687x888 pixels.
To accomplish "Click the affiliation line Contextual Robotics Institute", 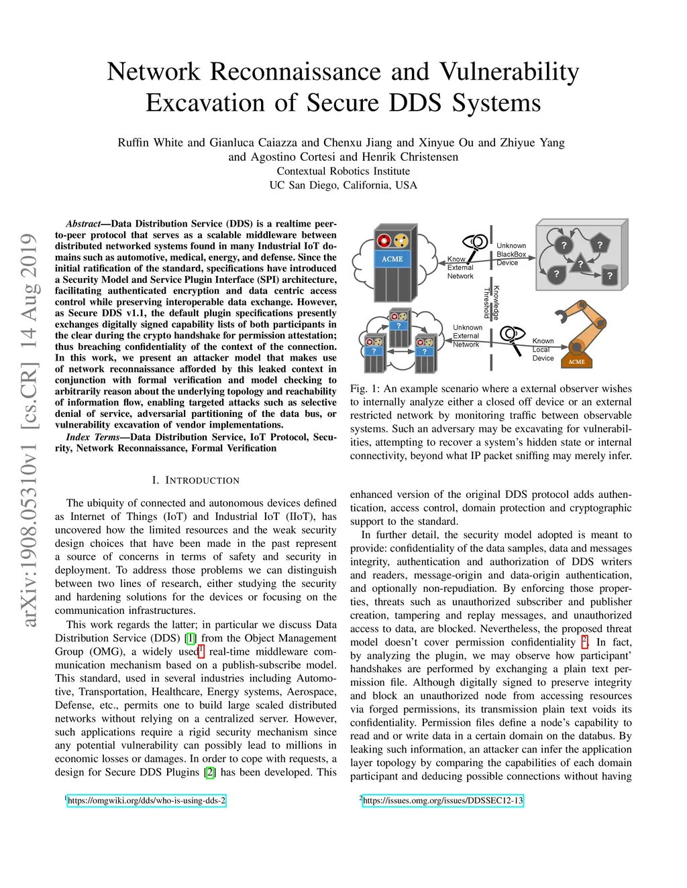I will pyautogui.click(x=343, y=171).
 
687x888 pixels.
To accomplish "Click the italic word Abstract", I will pyautogui.click(x=83, y=224).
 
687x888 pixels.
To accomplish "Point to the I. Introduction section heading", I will pyautogui.click(x=195, y=481).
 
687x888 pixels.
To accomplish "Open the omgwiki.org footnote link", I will pyautogui.click(x=146, y=800).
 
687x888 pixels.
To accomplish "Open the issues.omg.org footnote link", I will pyautogui.click(x=442, y=800).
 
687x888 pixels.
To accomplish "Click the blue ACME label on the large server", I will pyautogui.click(x=392, y=259).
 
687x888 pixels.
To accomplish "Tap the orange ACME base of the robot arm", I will pyautogui.click(x=576, y=362).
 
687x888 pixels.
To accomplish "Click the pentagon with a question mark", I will pyautogui.click(x=599, y=245).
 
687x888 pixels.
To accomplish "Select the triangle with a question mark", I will pyautogui.click(x=581, y=264).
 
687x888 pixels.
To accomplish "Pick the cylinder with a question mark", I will pyautogui.click(x=609, y=275).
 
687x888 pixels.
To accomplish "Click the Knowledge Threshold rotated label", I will pyautogui.click(x=492, y=302).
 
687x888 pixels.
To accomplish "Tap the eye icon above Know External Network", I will pyautogui.click(x=476, y=242).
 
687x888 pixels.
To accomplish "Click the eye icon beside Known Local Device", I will pyautogui.click(x=512, y=334).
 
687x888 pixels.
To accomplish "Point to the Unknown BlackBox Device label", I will pyautogui.click(x=511, y=255).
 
